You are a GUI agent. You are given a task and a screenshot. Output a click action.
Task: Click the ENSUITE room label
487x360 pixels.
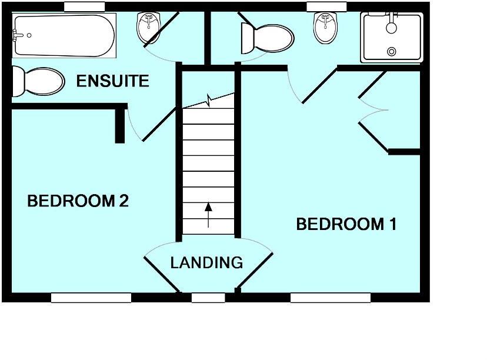point(113,81)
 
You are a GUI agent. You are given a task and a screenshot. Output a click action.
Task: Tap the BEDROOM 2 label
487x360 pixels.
point(78,201)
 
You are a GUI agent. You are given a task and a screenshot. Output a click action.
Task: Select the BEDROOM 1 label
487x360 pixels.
point(346,224)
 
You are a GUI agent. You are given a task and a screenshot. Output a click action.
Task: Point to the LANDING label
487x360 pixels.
point(206,262)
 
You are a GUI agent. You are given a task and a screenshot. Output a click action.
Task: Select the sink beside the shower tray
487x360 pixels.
point(325,28)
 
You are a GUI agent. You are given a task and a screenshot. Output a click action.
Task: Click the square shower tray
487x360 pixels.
point(392,37)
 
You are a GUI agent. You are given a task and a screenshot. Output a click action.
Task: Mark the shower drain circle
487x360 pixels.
point(391,52)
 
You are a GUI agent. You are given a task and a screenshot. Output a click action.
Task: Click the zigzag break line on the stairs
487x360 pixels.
point(209,101)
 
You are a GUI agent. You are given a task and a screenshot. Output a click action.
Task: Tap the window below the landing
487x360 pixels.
point(208,298)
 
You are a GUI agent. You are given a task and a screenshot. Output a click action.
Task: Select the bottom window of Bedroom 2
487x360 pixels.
point(91,298)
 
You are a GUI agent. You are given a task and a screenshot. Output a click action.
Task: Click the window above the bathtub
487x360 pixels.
point(84,6)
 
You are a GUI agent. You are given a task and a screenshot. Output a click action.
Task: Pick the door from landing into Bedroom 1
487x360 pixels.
point(255,271)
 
